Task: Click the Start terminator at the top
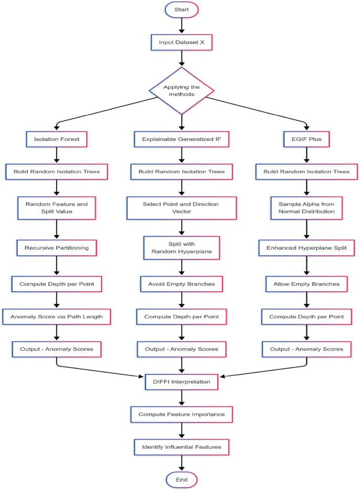[181, 9]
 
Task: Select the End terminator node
[181, 479]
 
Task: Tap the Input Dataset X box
[181, 42]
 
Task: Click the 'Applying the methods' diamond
[181, 90]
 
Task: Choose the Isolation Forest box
[56, 139]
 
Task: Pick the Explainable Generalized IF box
[181, 139]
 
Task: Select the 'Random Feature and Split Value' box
[56, 208]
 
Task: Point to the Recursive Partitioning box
[56, 248]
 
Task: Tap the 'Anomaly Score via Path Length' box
[56, 317]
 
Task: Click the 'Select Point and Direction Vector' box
[181, 208]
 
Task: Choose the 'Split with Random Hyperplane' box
[181, 248]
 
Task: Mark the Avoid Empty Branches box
[181, 284]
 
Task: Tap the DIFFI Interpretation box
[181, 382]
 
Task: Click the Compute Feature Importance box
[181, 414]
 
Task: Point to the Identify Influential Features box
[181, 447]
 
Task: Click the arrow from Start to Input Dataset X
[181, 25]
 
